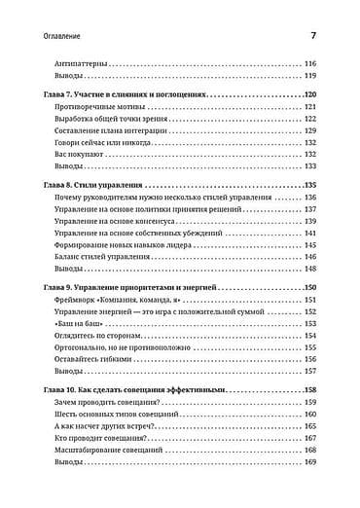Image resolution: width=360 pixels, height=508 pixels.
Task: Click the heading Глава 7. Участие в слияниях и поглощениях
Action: pyautogui.click(x=126, y=95)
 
